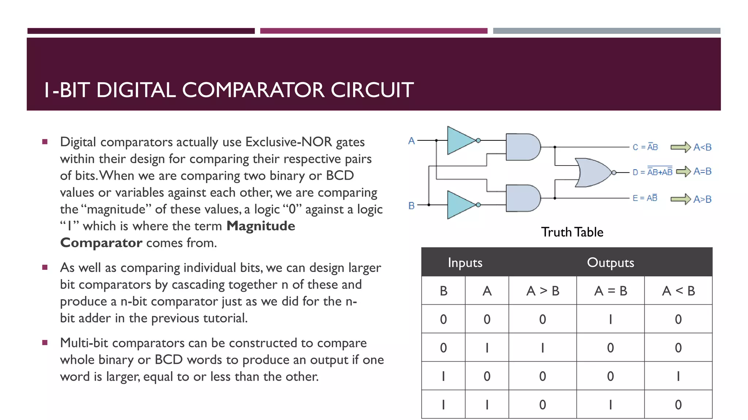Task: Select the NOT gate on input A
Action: coord(461,140)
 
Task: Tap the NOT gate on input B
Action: coord(461,205)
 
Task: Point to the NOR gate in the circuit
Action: coord(593,172)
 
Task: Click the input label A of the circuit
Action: coord(412,141)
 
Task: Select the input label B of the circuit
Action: coord(412,206)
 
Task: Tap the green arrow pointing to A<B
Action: coord(680,147)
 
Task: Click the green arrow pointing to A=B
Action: coord(683,171)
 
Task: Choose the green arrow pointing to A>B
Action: coord(680,199)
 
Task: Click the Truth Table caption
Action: coord(572,232)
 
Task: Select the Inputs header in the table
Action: coord(465,262)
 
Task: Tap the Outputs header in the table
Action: coord(610,262)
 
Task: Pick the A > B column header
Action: coord(543,291)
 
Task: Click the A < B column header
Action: coord(678,291)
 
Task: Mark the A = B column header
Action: coord(610,291)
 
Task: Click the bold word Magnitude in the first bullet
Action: coord(261,226)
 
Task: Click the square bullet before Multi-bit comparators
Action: coord(45,342)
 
